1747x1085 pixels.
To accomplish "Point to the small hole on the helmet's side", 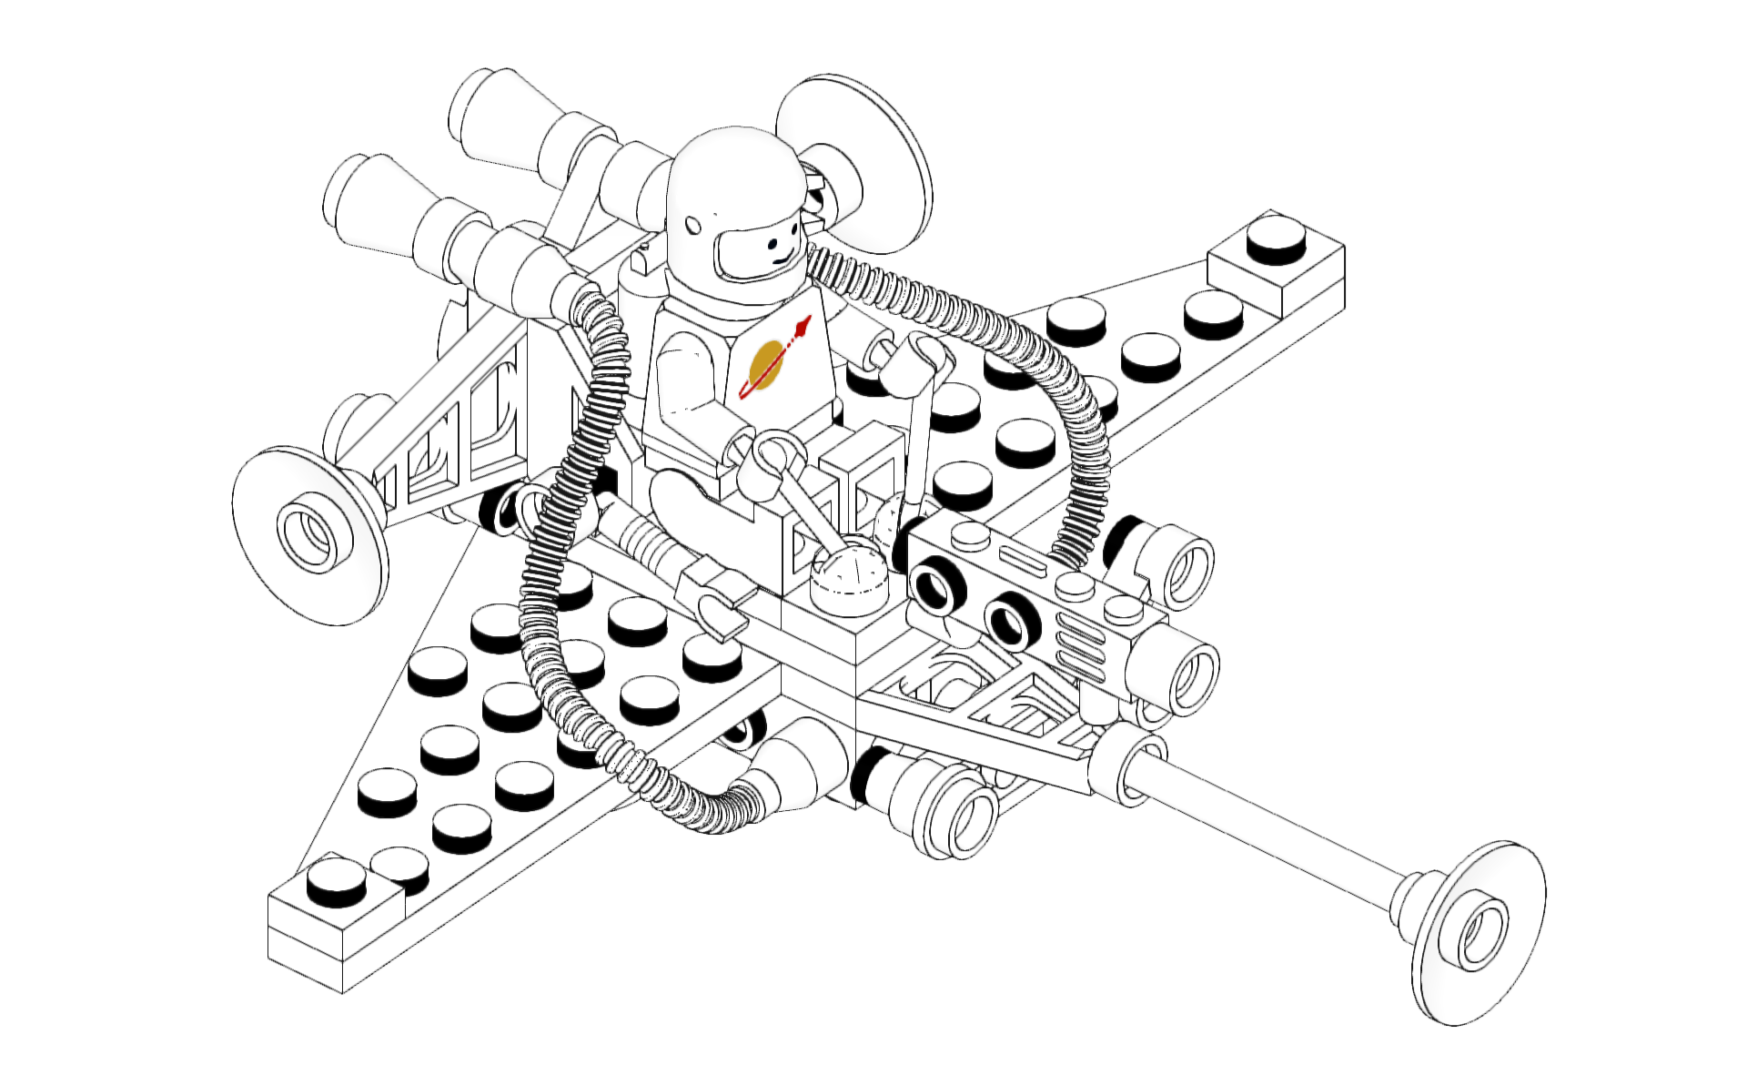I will point(693,224).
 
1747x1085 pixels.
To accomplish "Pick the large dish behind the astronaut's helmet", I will point(855,164).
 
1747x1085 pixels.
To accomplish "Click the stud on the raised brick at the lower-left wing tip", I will point(336,881).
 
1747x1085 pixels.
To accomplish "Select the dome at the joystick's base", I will point(851,573).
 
